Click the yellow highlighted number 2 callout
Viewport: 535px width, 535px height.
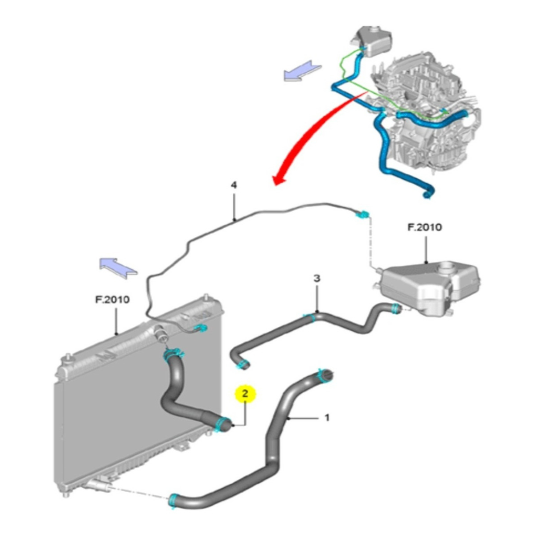(245, 393)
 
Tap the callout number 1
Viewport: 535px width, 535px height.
(327, 418)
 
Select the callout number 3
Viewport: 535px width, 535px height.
(317, 278)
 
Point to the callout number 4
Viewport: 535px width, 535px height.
(234, 185)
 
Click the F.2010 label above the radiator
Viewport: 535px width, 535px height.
(112, 300)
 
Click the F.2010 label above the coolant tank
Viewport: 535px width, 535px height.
(425, 227)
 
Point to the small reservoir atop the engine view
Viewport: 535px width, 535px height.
(371, 40)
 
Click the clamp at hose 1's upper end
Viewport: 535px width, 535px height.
(321, 375)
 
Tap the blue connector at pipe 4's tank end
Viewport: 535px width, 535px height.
(362, 216)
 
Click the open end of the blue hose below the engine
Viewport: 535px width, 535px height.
(427, 194)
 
